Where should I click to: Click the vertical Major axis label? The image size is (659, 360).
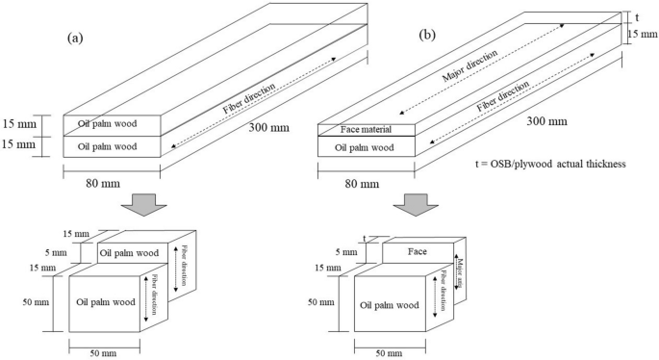pos(461,262)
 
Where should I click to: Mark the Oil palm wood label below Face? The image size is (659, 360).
pos(391,303)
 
